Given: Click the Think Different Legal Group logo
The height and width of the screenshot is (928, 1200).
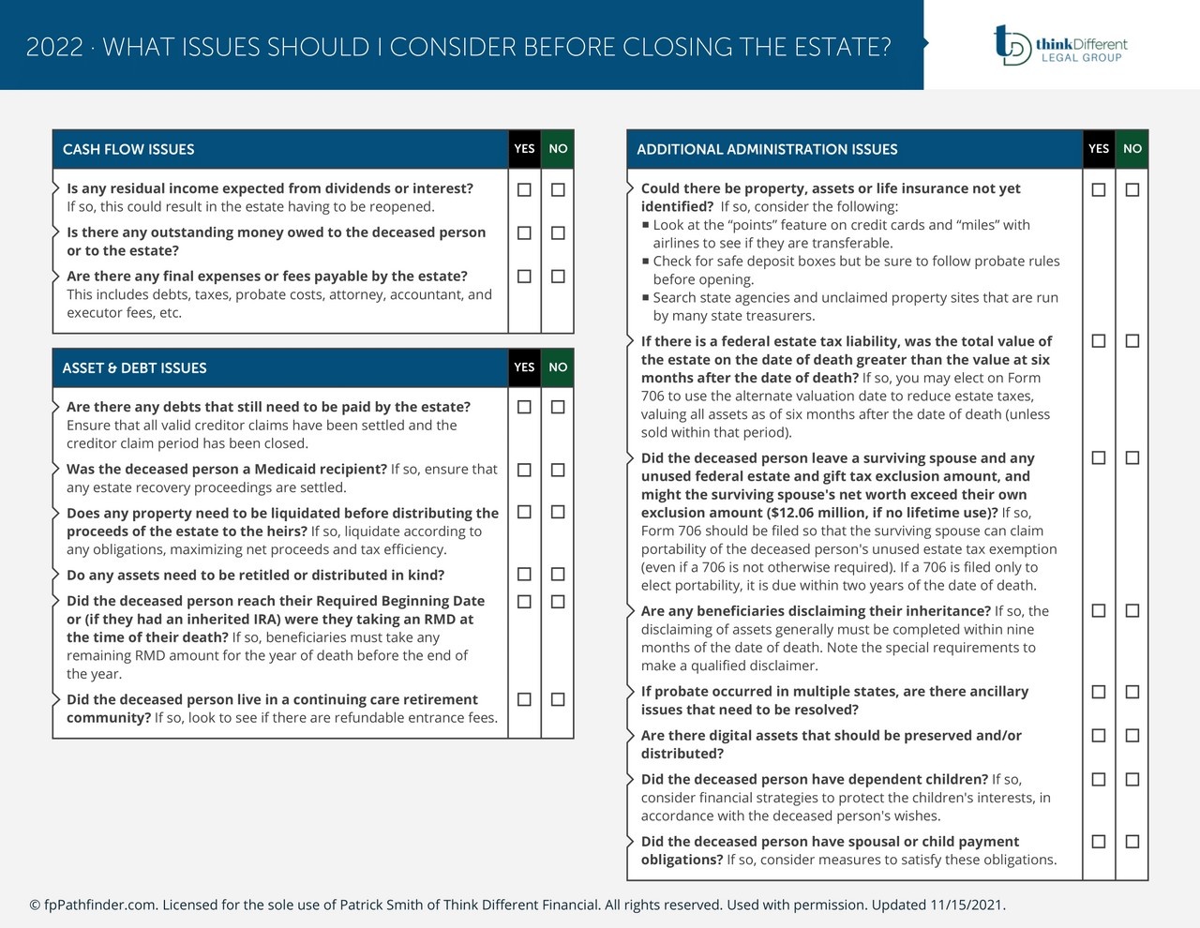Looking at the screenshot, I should (x=1060, y=45).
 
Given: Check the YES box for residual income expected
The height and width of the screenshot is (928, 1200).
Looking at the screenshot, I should (x=524, y=189).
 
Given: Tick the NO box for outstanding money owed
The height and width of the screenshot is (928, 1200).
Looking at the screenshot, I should (x=558, y=232).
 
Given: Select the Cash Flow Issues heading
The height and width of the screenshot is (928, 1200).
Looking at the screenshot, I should (x=128, y=149).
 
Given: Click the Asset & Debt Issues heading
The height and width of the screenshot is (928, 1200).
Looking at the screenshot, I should (x=134, y=367).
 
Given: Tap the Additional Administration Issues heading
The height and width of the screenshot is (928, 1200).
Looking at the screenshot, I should (x=767, y=149).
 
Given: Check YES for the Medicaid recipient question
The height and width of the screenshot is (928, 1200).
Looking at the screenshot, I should (x=524, y=470).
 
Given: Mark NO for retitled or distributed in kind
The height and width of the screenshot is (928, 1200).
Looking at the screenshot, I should (x=558, y=574).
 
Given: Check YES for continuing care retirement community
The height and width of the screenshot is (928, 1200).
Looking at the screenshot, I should (x=524, y=699).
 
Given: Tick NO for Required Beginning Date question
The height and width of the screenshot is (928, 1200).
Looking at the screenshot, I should (x=558, y=601).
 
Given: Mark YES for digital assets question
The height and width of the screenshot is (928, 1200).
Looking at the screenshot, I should (x=1099, y=735).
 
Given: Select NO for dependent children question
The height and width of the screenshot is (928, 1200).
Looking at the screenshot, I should (x=1132, y=779).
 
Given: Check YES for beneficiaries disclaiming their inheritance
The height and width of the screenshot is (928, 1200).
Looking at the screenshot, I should (x=1099, y=610).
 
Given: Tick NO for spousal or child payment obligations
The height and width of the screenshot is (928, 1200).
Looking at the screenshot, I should (x=1132, y=841).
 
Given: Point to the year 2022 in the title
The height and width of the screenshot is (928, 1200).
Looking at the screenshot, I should (x=54, y=47).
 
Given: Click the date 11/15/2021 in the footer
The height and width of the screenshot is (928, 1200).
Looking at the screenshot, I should (x=966, y=905).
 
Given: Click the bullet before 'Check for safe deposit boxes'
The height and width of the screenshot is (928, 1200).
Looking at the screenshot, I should (x=646, y=261).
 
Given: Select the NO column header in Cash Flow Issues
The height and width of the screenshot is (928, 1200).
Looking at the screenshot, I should (x=558, y=148).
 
